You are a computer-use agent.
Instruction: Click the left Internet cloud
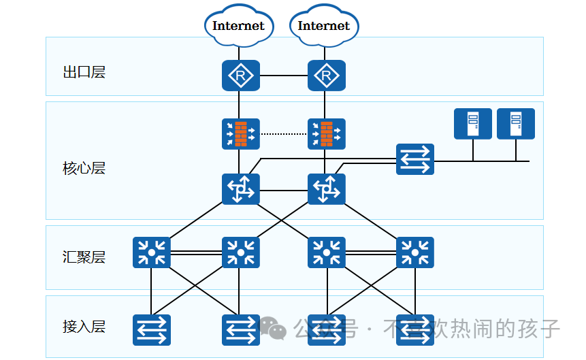[x=238, y=26]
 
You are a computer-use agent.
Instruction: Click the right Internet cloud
[x=324, y=26]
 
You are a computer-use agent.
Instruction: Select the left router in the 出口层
[x=240, y=75]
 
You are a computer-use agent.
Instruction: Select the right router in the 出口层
[x=326, y=75]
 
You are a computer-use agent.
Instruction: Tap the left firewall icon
[x=240, y=134]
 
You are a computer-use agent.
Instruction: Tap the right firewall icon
[x=326, y=134]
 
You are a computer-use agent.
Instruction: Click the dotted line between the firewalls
[x=283, y=134]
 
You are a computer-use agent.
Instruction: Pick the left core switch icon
[x=240, y=189]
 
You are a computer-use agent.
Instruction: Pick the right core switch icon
[x=326, y=189]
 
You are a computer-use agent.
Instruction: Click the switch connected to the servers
[x=414, y=159]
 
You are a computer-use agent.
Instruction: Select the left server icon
[x=472, y=124]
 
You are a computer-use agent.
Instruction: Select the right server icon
[x=515, y=124]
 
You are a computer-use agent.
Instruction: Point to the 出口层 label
[x=84, y=73]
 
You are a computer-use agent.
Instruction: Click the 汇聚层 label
[x=84, y=257]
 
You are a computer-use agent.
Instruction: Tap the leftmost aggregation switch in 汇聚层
[x=151, y=252]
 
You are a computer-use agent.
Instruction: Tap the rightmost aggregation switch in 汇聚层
[x=414, y=252]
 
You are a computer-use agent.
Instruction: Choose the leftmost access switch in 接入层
[x=151, y=330]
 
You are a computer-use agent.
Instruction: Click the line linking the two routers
[x=283, y=75]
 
